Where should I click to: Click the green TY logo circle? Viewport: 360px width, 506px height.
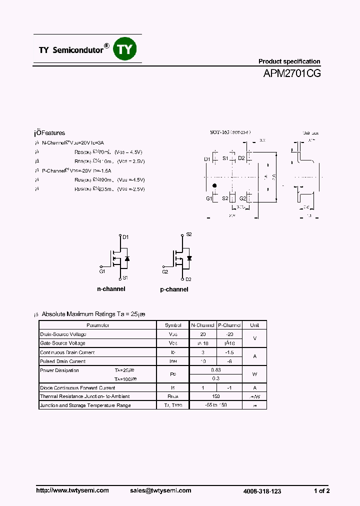click(126, 49)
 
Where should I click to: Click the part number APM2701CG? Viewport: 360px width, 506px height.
click(292, 73)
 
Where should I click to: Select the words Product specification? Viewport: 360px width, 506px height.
click(289, 61)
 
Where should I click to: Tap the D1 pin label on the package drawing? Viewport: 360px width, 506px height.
click(207, 159)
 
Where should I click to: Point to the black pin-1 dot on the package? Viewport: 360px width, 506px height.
click(214, 186)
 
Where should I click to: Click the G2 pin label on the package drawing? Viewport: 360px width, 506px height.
click(242, 198)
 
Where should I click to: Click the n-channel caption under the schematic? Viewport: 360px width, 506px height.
click(111, 289)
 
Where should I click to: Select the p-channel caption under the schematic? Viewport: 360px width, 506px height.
click(174, 289)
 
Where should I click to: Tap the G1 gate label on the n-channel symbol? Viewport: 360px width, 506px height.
click(102, 271)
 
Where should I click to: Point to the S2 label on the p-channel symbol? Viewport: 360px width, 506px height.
click(189, 234)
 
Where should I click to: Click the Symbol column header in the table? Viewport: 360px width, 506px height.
click(173, 325)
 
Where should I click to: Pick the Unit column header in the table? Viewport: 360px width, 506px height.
click(254, 325)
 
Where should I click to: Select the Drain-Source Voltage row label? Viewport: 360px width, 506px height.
click(63, 334)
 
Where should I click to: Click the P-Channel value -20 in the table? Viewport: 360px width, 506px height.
click(229, 334)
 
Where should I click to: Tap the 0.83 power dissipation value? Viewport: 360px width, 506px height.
click(216, 370)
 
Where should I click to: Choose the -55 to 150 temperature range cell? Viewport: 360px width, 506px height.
click(216, 405)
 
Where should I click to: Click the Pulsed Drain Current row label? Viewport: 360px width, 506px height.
click(62, 361)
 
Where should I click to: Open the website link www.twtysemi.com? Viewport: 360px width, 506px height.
click(72, 490)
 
